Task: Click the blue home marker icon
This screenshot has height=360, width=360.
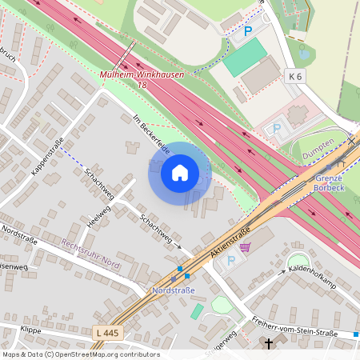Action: [180, 173]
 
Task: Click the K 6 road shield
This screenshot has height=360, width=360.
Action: [295, 76]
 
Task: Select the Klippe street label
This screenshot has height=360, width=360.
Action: [31, 330]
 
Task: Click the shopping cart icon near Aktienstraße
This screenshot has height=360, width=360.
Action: [245, 247]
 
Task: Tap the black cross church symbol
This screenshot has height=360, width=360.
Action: [269, 344]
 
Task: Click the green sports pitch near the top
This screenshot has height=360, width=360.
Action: [244, 58]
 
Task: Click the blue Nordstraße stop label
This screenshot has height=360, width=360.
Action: [174, 290]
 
